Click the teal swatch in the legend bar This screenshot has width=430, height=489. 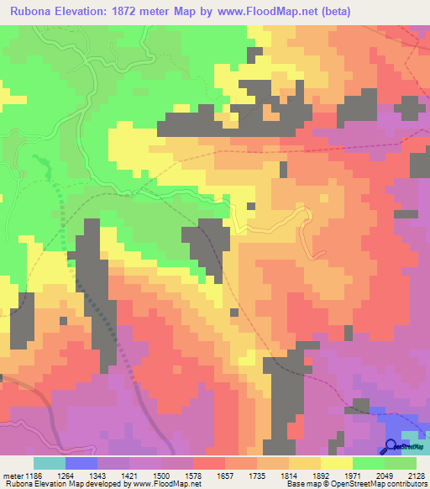pyautogui.click(x=49, y=463)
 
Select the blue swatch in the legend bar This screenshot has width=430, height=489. pyautogui.click(x=81, y=463)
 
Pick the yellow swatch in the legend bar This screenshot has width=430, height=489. pyautogui.click(x=337, y=463)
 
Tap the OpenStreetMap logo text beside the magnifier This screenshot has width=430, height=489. pyautogui.click(x=412, y=450)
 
